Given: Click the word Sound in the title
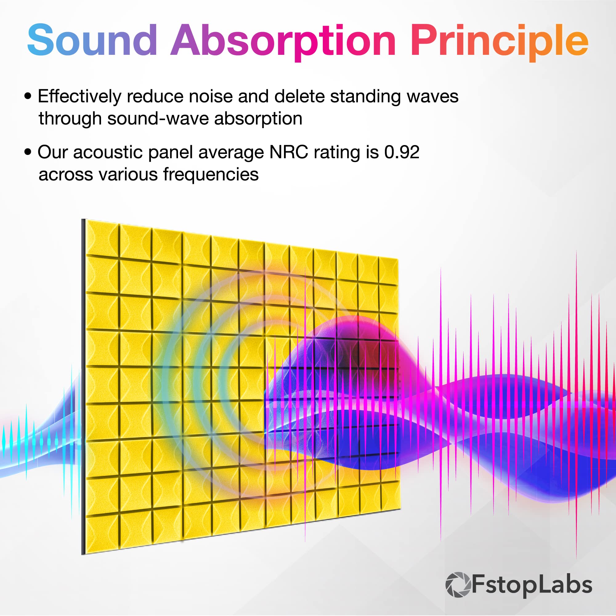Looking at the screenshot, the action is [x=92, y=40].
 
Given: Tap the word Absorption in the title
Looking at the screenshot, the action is [x=283, y=42].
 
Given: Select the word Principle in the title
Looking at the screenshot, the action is [x=500, y=42].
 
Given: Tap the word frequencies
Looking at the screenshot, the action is [x=211, y=175].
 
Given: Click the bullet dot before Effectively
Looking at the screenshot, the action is [x=28, y=96].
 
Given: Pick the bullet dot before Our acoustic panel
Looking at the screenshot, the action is [x=28, y=152].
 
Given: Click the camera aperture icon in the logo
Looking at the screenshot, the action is [x=458, y=585].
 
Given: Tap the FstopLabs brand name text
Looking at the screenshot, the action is [x=532, y=585].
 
